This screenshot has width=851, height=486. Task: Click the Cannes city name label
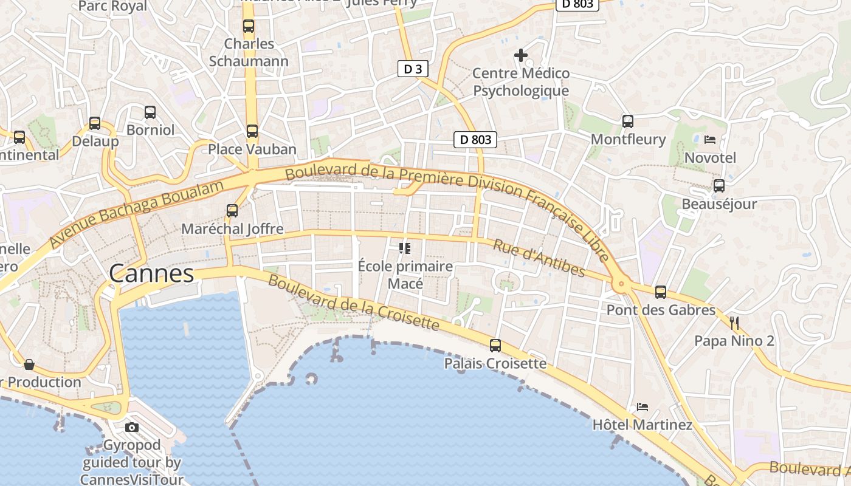tap(151, 273)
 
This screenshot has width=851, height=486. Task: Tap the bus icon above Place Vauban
tap(252, 131)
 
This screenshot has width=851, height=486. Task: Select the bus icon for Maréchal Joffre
tap(232, 211)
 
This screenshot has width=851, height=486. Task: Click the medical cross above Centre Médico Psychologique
tap(521, 55)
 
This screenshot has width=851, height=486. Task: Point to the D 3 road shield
tap(413, 69)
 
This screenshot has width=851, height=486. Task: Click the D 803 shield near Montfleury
tap(475, 140)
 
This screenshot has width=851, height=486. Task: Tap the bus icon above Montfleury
tap(628, 122)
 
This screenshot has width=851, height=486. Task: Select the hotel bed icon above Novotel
tap(710, 140)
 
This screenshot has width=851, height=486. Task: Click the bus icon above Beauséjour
tap(719, 186)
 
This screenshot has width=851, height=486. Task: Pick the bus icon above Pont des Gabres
tap(661, 292)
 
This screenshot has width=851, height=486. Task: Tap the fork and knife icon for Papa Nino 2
tap(734, 323)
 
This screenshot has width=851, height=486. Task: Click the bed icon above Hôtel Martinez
tap(643, 406)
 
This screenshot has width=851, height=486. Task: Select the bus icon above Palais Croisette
tap(495, 346)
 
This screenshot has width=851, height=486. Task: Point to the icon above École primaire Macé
tap(405, 248)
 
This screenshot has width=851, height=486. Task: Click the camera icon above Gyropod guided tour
tap(132, 427)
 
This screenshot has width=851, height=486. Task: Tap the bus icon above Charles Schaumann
tap(249, 26)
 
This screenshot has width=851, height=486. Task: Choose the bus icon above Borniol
tap(150, 112)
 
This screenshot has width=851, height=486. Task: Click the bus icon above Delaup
tap(95, 123)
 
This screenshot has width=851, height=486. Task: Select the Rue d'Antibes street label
tap(539, 258)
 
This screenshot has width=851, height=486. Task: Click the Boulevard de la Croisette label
tap(353, 303)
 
